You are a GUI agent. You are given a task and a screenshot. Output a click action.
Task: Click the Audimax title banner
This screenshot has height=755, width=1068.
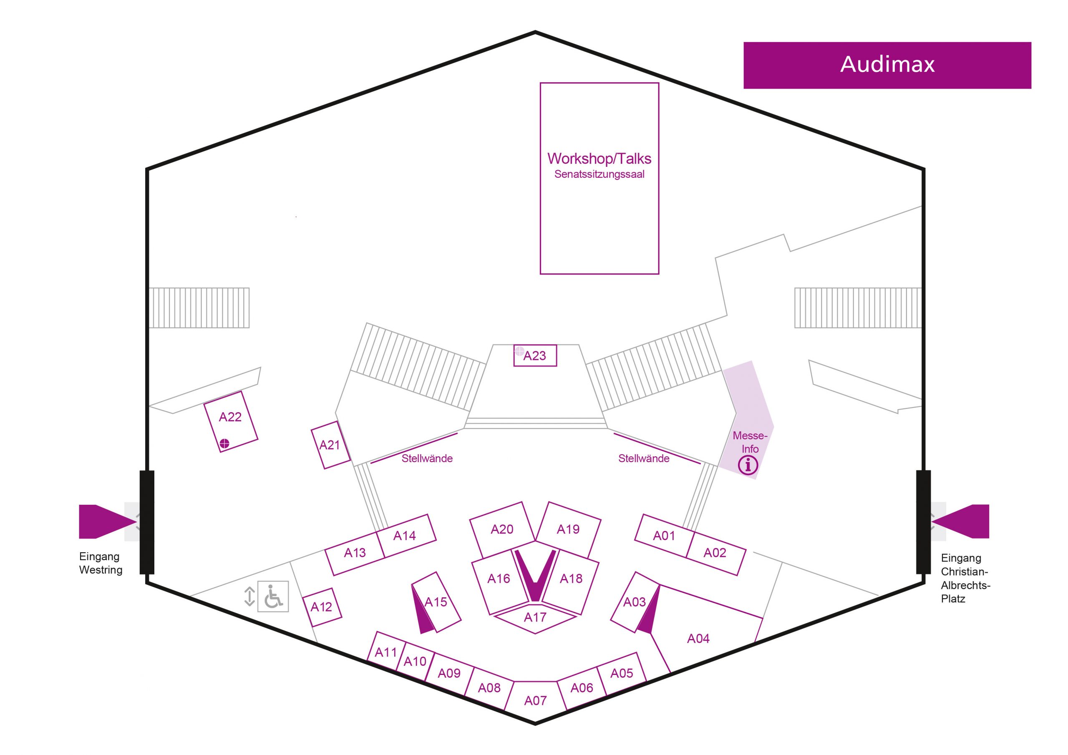pyautogui.click(x=887, y=65)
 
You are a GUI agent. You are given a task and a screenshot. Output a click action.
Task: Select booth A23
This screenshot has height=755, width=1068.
pyautogui.click(x=535, y=355)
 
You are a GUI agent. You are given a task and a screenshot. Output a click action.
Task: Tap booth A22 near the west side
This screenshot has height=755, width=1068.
pyautogui.click(x=231, y=421)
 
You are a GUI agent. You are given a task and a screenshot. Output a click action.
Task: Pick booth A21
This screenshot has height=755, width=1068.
pyautogui.click(x=330, y=445)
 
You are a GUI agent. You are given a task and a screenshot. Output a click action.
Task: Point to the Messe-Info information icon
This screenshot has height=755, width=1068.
pyautogui.click(x=748, y=465)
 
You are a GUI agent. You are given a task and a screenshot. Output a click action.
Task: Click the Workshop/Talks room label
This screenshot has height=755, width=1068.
pyautogui.click(x=599, y=159)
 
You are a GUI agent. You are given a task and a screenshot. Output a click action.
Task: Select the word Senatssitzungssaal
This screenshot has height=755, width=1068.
pyautogui.click(x=599, y=174)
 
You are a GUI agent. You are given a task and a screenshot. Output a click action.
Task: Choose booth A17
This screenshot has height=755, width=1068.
pyautogui.click(x=535, y=618)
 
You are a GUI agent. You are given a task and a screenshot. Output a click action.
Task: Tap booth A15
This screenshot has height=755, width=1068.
pyautogui.click(x=436, y=602)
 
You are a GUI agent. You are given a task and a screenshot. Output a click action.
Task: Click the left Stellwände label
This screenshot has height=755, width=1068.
pyautogui.click(x=427, y=459)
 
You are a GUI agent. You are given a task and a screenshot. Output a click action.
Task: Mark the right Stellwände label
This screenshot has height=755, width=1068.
pyautogui.click(x=644, y=459)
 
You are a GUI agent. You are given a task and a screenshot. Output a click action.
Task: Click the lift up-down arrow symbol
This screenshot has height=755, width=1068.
pyautogui.click(x=249, y=596)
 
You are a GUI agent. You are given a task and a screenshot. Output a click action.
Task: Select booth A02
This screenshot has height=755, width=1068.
pyautogui.click(x=715, y=553)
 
